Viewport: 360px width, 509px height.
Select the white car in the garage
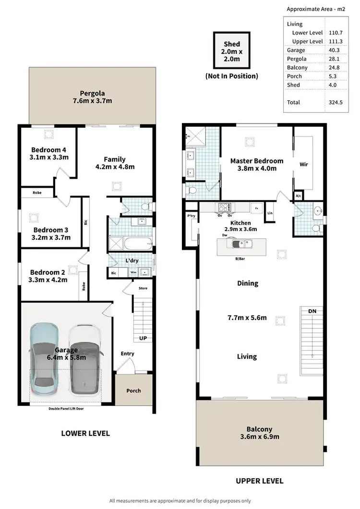84,358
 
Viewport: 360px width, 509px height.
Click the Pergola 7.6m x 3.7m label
93,97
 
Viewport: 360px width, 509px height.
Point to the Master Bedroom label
256,165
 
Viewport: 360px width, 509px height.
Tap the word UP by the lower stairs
143,338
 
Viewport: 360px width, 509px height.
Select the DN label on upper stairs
312,312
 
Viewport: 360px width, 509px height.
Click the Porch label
133,390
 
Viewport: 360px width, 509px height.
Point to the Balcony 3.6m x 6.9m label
259,433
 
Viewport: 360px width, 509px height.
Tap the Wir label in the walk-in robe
303,164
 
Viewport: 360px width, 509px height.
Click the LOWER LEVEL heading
85,433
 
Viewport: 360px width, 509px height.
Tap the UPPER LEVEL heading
259,481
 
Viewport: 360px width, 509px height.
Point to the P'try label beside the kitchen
191,217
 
